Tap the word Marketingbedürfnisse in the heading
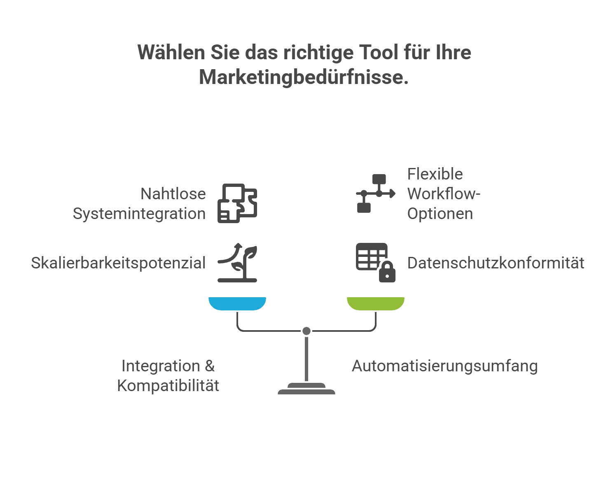tap(304, 77)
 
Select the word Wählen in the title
tap(171, 52)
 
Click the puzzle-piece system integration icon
tap(237, 203)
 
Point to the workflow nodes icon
tap(375, 193)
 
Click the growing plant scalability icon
tap(237, 263)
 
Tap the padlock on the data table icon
tap(387, 272)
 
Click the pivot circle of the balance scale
tap(306, 331)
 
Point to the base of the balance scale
tap(306, 389)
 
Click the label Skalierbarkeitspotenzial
tap(118, 263)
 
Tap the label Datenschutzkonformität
tap(496, 263)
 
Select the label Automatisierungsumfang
tap(445, 366)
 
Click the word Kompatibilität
tap(168, 386)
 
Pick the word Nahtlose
tap(173, 194)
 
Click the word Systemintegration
tap(139, 214)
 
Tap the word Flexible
tap(435, 174)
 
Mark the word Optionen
tap(440, 214)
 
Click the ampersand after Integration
tap(210, 366)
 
